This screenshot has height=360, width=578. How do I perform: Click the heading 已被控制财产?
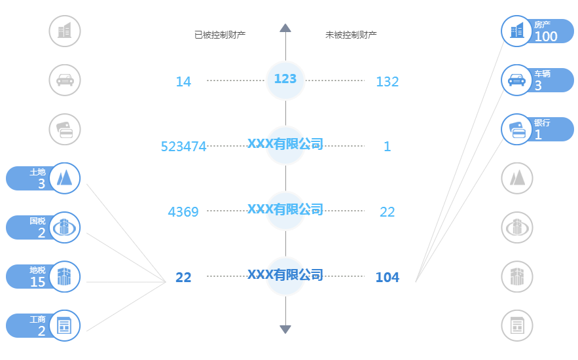(220, 34)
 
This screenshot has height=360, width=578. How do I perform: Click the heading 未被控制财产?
(351, 34)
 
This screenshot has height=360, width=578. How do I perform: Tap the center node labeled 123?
(285, 79)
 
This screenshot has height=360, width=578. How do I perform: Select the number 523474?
(183, 147)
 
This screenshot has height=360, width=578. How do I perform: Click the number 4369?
(183, 212)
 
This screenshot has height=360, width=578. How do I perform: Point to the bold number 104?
(387, 278)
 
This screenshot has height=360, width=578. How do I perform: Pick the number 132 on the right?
(387, 82)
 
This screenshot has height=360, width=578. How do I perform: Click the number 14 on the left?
(183, 82)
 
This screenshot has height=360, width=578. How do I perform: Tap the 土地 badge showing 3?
(43, 178)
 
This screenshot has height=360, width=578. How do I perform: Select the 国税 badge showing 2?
(43, 227)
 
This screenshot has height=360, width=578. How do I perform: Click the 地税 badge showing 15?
(43, 277)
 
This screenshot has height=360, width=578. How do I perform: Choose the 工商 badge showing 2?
(43, 325)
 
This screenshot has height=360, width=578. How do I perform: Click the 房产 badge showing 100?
(537, 31)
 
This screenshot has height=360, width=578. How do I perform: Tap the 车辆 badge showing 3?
(537, 80)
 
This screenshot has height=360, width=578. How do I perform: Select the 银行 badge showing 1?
(537, 129)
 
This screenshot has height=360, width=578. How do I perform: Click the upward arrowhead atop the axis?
(285, 27)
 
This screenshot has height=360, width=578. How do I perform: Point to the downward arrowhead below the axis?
(285, 329)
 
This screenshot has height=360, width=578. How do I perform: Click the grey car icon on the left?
(65, 80)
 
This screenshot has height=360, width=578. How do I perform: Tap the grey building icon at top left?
(65, 31)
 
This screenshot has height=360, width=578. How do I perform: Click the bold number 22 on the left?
(183, 278)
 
